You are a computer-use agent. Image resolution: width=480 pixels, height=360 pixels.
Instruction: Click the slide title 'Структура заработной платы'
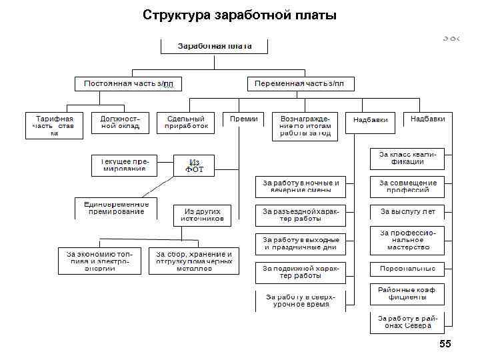point(239,15)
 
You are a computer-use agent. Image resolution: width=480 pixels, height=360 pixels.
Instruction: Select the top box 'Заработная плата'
point(214,46)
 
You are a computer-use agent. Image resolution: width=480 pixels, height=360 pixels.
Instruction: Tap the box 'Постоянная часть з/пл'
point(128,84)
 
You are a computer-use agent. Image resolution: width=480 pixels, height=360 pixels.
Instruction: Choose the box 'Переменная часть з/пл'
point(300,84)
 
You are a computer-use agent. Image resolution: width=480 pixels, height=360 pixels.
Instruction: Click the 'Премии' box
point(243,119)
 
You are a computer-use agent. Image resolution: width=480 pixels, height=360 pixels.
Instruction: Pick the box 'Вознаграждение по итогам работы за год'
point(305,125)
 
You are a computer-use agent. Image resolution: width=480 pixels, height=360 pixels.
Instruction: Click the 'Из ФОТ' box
point(194,166)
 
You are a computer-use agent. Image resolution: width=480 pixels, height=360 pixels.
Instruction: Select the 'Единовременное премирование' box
point(116,208)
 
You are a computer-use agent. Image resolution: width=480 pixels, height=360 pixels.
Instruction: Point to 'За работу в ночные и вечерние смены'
point(301,187)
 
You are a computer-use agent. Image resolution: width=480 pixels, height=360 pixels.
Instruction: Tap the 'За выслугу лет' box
point(407,211)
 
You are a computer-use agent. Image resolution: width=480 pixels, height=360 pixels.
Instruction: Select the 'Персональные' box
point(407,269)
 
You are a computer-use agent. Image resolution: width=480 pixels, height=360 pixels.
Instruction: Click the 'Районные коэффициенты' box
point(407,293)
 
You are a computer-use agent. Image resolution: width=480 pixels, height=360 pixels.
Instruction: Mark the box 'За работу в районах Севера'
point(407,322)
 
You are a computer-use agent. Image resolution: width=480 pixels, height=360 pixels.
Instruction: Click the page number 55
point(444,344)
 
